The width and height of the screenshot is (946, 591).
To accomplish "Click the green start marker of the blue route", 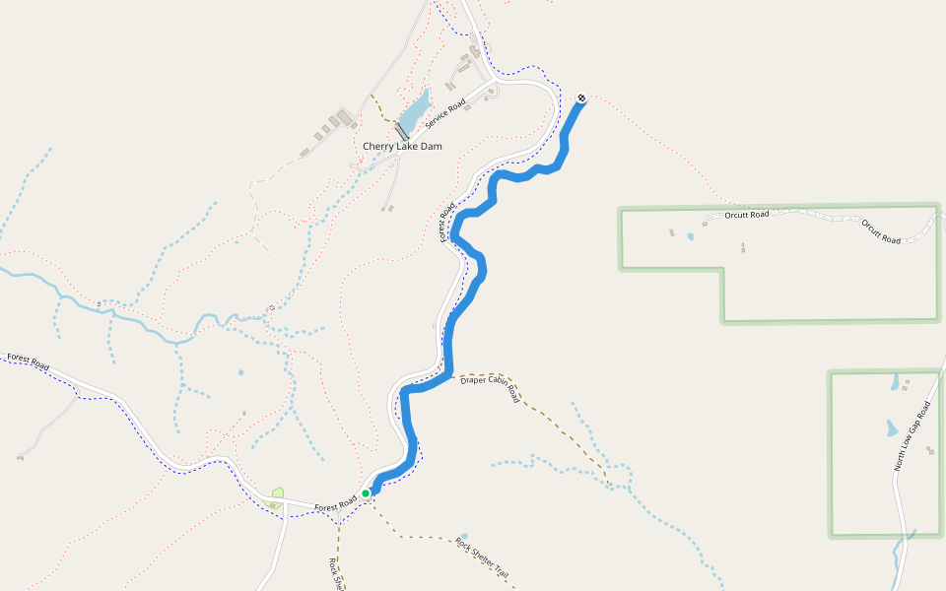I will [x=366, y=492].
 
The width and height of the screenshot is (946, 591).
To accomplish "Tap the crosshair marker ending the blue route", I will [x=581, y=98].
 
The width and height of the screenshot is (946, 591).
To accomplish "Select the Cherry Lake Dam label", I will [x=402, y=147].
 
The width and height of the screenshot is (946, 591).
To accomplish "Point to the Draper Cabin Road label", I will [x=490, y=387].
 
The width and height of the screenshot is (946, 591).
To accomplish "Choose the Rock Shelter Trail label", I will [x=482, y=558].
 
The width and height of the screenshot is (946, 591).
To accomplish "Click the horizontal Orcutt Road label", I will [x=746, y=214].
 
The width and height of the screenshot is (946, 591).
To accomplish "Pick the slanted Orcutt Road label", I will [x=881, y=231].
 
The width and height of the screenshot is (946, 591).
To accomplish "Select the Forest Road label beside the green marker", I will [x=335, y=506].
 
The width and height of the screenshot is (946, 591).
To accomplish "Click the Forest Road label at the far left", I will [x=27, y=361].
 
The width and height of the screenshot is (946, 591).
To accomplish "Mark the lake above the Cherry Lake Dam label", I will [x=417, y=104].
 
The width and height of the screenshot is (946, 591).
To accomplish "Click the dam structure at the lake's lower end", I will [x=401, y=130].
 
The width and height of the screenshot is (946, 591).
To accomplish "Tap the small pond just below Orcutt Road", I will [x=690, y=236].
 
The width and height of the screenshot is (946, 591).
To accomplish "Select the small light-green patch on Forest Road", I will [x=278, y=492].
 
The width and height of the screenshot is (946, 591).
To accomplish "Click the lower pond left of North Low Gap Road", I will [x=891, y=428].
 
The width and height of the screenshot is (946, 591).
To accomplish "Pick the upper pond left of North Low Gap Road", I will [x=895, y=383].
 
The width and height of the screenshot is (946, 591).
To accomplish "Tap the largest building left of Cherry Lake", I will [x=344, y=119].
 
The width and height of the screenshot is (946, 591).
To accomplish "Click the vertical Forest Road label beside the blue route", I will [x=445, y=222].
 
